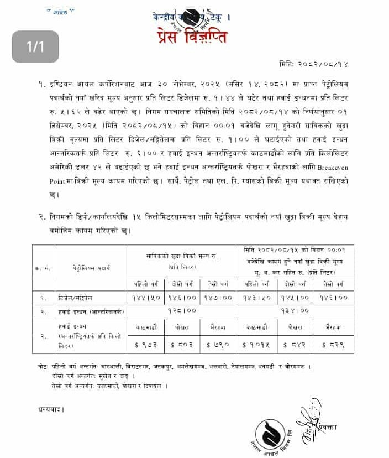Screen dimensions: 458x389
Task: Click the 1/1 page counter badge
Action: click(x=35, y=46)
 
